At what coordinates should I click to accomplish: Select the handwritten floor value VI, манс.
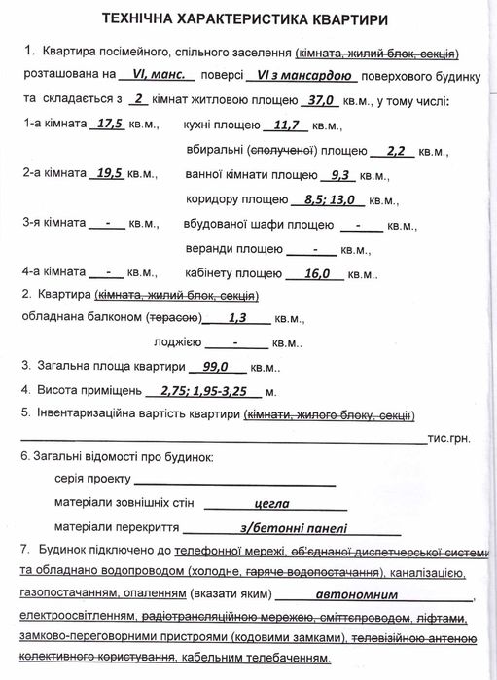(x=157, y=74)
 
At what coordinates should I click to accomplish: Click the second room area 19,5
(x=114, y=174)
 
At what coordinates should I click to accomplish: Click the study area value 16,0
(x=317, y=274)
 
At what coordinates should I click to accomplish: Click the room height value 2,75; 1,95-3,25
(x=203, y=392)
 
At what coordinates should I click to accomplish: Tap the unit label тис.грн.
(x=448, y=439)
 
